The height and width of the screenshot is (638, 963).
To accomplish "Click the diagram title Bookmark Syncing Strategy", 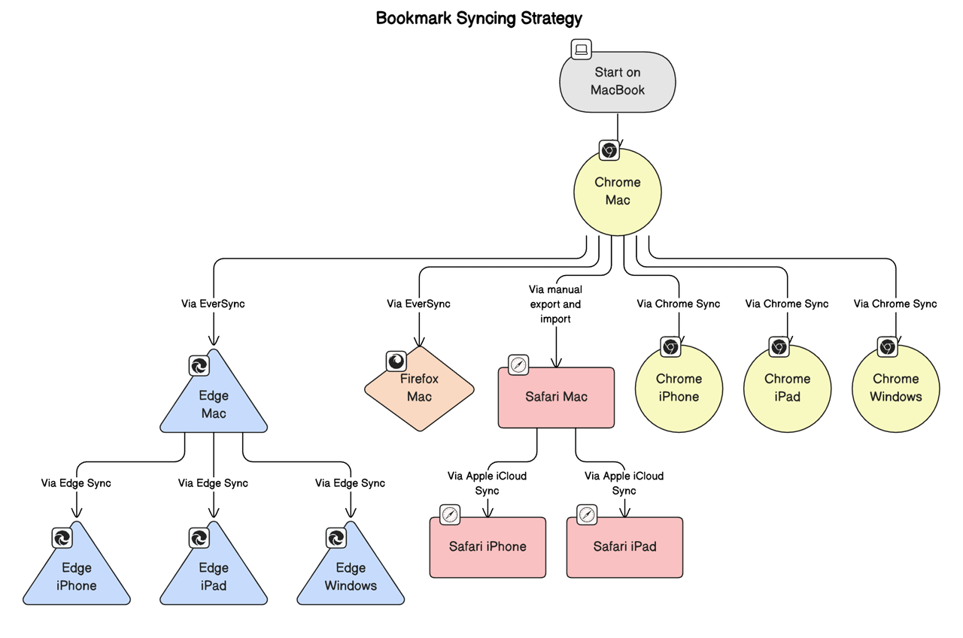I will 478,18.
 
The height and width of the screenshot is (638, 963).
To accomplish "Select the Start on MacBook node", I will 618,82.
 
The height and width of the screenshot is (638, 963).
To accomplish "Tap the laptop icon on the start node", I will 581,50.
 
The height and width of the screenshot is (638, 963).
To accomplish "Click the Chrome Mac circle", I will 618,192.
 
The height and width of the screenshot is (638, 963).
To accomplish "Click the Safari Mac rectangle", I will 556,397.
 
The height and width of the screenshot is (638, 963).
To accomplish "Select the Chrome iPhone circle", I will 679,388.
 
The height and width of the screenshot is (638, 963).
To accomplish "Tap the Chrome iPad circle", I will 787,388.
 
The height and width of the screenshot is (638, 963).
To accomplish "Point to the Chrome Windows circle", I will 895,388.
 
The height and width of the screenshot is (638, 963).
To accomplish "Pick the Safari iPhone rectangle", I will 488,547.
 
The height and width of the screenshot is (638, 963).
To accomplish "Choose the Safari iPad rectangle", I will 624,547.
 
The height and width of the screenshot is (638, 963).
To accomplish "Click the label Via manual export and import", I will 555,304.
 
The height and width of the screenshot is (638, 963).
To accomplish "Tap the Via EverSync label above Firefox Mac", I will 418,304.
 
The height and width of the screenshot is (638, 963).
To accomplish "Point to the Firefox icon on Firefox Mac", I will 396,361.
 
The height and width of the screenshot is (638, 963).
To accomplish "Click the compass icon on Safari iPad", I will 587,515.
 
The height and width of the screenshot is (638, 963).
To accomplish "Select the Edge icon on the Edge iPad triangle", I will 199,538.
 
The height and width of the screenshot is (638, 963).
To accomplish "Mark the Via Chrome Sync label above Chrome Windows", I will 895,304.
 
